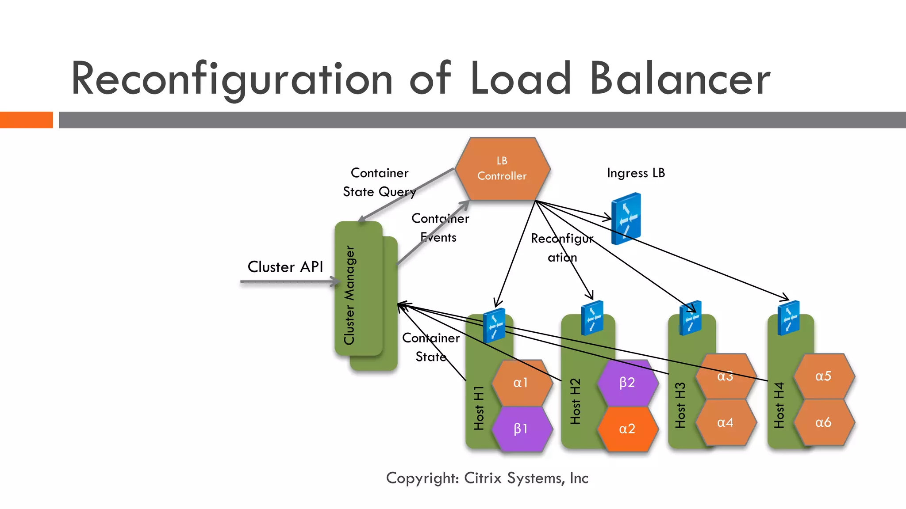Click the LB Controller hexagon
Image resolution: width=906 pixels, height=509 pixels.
pyautogui.click(x=502, y=169)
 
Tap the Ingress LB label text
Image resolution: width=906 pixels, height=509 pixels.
pyautogui.click(x=636, y=173)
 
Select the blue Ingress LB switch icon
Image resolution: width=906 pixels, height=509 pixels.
pyautogui.click(x=626, y=218)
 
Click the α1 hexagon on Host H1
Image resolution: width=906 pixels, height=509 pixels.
pyautogui.click(x=521, y=383)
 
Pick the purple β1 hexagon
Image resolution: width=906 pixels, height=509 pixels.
pyautogui.click(x=521, y=429)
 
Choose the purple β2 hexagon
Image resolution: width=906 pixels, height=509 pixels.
pyautogui.click(x=627, y=383)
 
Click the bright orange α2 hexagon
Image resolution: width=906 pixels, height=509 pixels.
pyautogui.click(x=627, y=429)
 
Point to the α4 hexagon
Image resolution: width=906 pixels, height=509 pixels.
pyautogui.click(x=725, y=422)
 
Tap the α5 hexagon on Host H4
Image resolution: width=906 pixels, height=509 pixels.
pyautogui.click(x=823, y=376)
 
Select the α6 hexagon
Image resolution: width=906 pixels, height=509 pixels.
pyautogui.click(x=823, y=422)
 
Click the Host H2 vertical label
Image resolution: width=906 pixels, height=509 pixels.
pyautogui.click(x=575, y=401)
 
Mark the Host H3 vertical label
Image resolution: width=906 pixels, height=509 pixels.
pyautogui.click(x=680, y=405)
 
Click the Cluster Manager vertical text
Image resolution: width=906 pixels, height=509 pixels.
pyautogui.click(x=349, y=295)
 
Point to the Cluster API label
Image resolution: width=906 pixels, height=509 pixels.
pyautogui.click(x=285, y=267)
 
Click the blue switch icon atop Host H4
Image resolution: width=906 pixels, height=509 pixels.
pyautogui.click(x=789, y=318)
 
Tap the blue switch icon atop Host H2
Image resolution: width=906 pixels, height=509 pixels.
pyautogui.click(x=592, y=318)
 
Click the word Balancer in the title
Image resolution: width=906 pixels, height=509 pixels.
pyautogui.click(x=680, y=79)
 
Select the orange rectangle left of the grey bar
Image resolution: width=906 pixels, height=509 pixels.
pyautogui.click(x=26, y=120)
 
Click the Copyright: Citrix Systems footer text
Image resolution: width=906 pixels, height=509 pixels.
pyautogui.click(x=487, y=478)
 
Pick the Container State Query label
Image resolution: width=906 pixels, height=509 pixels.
pyautogui.click(x=380, y=182)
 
